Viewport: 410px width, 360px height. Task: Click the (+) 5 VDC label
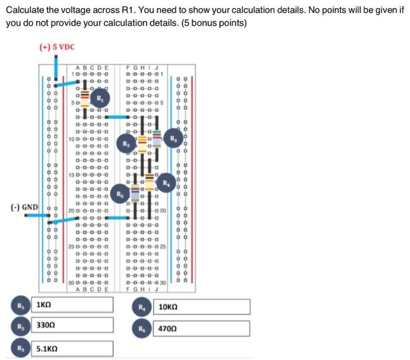[x=57, y=47]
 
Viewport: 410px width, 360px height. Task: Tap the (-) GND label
[x=24, y=207]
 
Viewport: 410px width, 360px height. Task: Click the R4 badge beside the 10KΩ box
[x=142, y=307]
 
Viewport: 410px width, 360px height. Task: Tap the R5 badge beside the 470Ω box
[x=142, y=328]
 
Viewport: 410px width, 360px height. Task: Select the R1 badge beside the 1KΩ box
[x=20, y=305]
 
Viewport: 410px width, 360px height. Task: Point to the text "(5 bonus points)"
[x=217, y=23]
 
